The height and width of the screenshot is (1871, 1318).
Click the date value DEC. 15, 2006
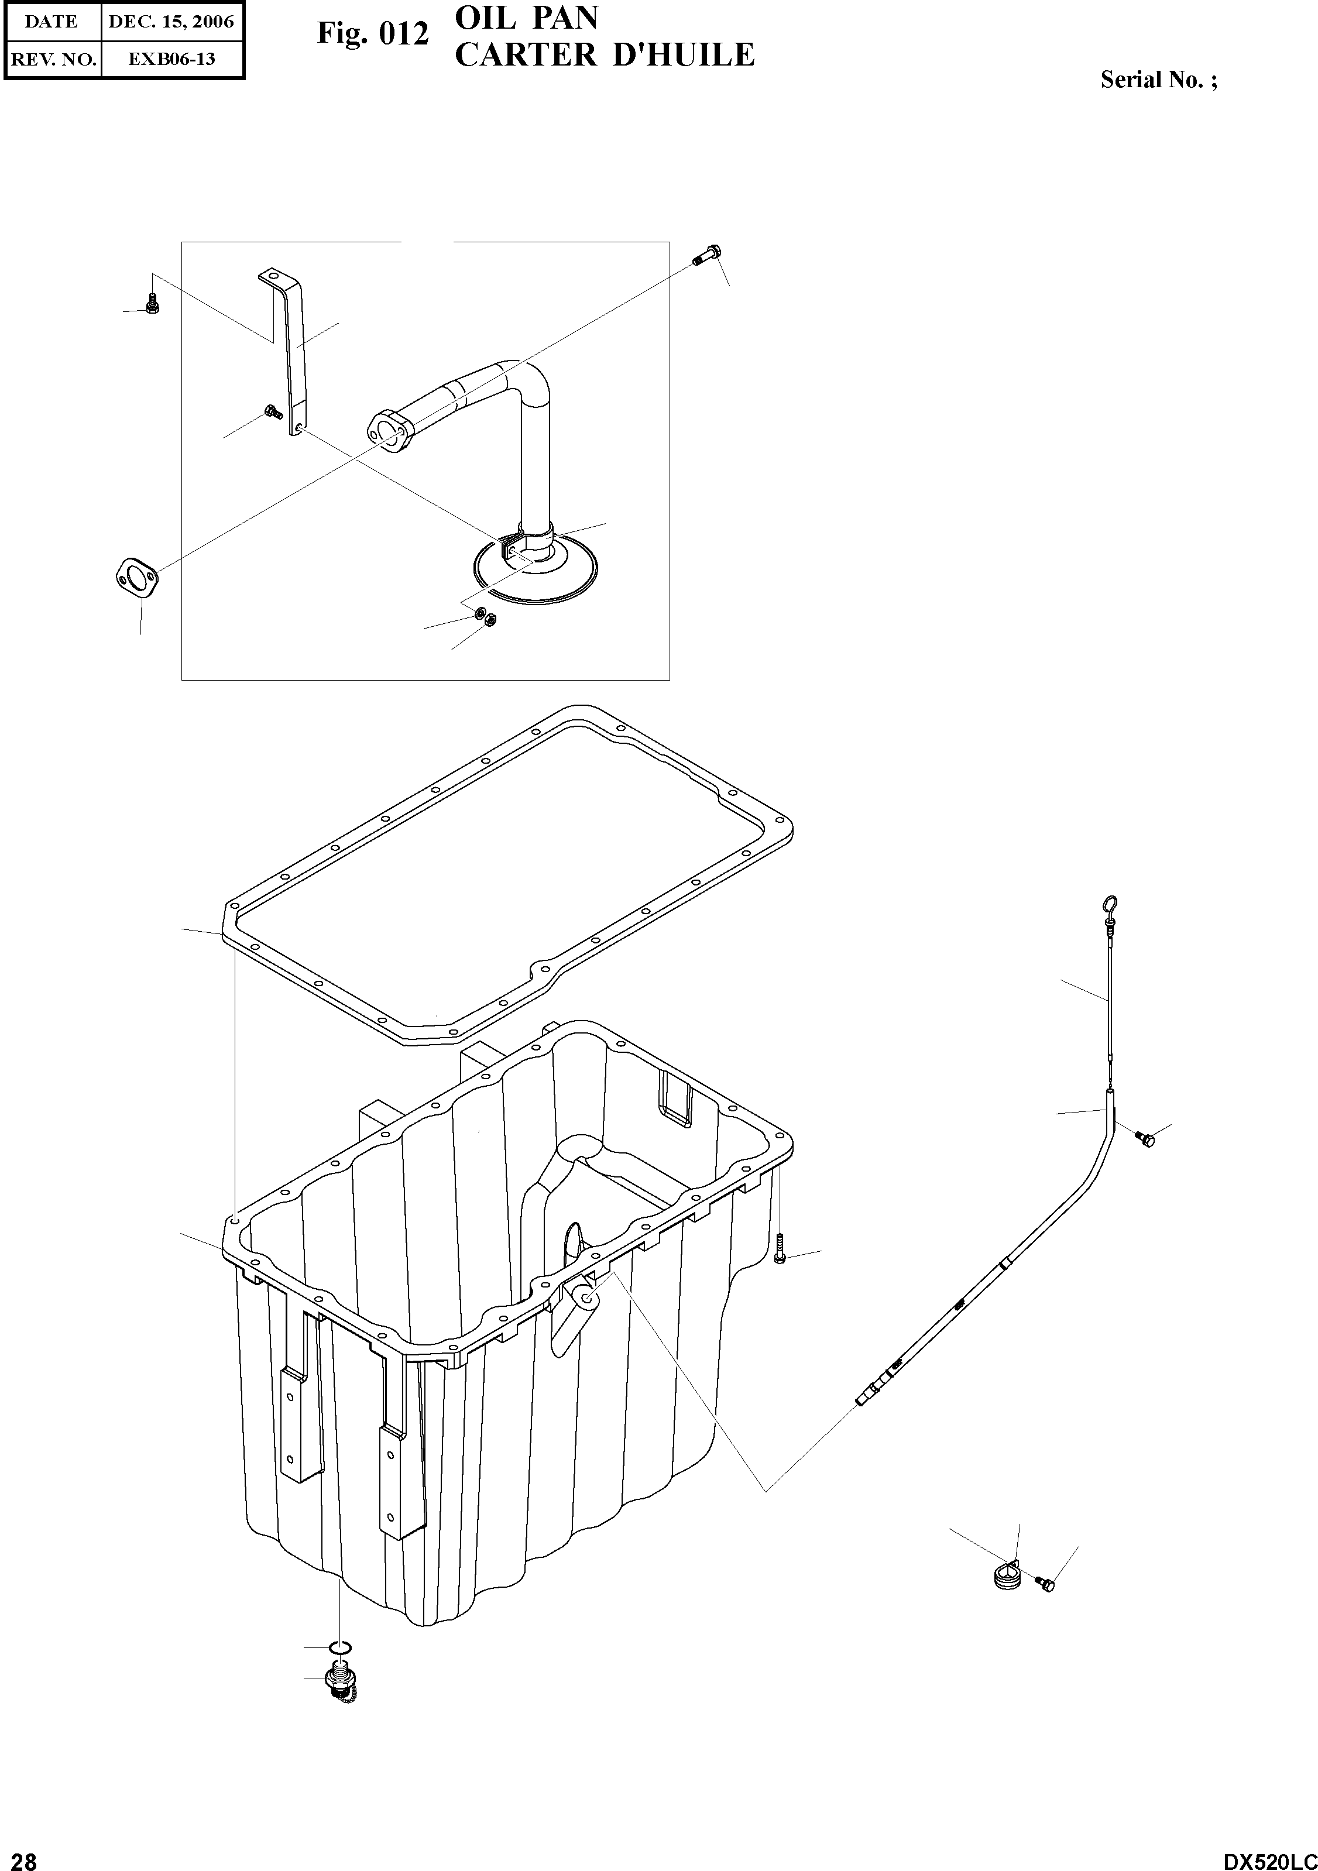coord(171,22)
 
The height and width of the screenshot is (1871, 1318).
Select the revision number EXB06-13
coord(171,59)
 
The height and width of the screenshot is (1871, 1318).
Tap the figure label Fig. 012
coord(372,34)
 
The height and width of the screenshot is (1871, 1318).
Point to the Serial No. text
coord(1158,80)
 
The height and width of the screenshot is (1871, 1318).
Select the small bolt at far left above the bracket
coord(152,304)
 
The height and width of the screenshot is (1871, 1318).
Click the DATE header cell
coord(52,22)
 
